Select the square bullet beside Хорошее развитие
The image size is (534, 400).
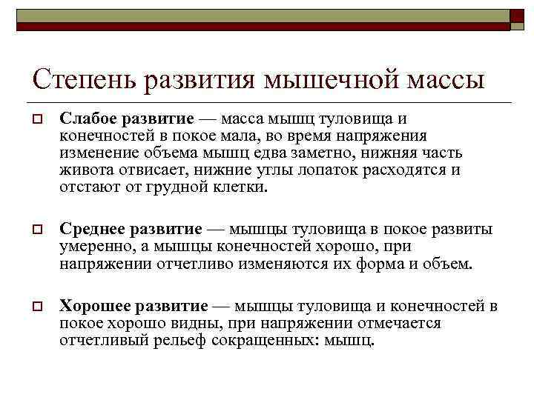click(36, 307)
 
